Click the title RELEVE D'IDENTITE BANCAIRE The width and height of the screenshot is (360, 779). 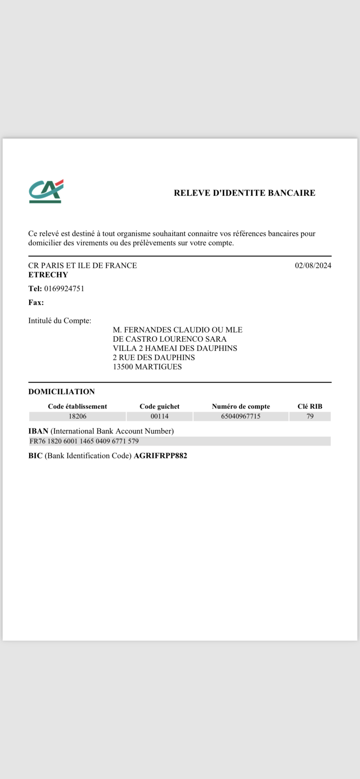[x=244, y=193]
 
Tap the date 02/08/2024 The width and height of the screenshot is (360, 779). [x=313, y=265]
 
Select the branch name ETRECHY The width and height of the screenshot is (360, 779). [x=48, y=275]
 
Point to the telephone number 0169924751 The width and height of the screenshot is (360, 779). [x=64, y=289]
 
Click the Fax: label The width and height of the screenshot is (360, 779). [x=36, y=302]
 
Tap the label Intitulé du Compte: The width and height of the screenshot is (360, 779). [x=60, y=321]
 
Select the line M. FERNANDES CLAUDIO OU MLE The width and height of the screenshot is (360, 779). [x=178, y=330]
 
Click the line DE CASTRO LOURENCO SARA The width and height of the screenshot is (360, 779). [x=169, y=339]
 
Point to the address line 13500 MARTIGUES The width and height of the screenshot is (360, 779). [x=147, y=367]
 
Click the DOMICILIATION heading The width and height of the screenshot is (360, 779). [x=61, y=392]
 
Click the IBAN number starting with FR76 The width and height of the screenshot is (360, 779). [x=84, y=441]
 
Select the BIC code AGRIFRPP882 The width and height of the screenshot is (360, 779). [x=160, y=456]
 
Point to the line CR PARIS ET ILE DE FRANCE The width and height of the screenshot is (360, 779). [x=83, y=265]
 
